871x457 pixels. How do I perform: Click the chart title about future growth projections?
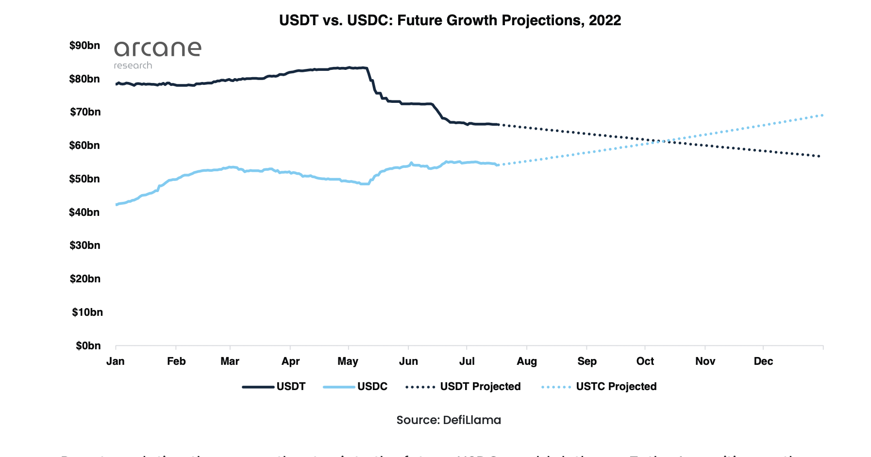[x=450, y=20]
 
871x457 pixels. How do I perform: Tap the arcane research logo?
[x=157, y=54]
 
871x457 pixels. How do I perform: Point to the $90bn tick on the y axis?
[x=84, y=46]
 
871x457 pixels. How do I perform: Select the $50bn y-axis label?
[x=84, y=179]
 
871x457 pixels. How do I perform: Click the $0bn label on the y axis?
[x=88, y=346]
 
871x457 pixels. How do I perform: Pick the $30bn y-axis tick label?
[x=84, y=245]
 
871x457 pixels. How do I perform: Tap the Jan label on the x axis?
[x=116, y=361]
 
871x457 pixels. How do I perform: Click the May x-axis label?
[x=348, y=361]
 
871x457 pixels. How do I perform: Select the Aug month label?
[x=527, y=361]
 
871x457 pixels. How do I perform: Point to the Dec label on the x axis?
[x=763, y=361]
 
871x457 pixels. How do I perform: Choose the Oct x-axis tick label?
[x=645, y=361]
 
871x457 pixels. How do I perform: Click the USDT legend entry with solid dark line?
[x=274, y=387]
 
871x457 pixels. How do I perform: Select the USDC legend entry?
[x=355, y=387]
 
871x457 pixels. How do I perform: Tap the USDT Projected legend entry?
[x=463, y=387]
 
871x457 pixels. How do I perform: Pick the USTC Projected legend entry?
[x=599, y=387]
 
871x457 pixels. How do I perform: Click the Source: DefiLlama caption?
[x=449, y=420]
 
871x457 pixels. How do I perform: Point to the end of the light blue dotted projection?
[x=822, y=115]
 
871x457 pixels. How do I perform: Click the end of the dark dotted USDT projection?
[x=820, y=156]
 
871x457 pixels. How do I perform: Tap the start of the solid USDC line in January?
[x=117, y=205]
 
